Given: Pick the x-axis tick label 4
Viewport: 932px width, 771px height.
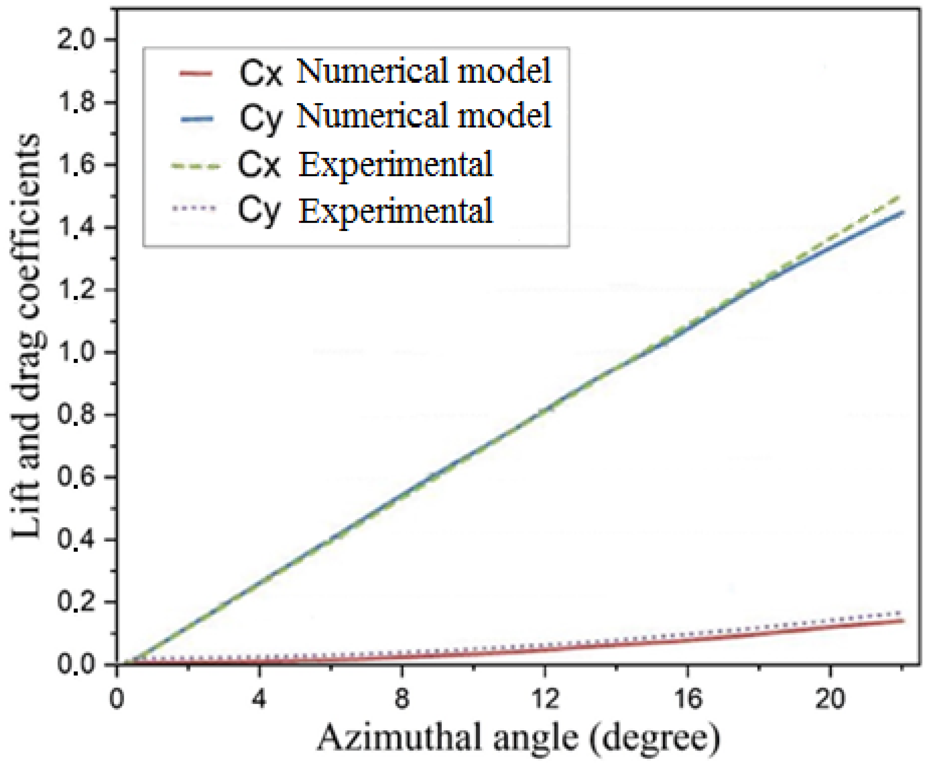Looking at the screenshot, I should click(259, 699).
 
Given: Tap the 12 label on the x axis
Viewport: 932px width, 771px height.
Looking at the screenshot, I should click(544, 699).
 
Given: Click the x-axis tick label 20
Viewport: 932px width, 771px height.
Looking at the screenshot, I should click(830, 699).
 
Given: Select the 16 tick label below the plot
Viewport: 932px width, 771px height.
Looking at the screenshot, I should click(687, 699).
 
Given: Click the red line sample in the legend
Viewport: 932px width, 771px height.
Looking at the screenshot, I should click(196, 73).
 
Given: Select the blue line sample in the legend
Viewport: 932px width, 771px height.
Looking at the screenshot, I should click(196, 119).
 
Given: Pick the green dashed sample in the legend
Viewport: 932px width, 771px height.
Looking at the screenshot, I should click(196, 166).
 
